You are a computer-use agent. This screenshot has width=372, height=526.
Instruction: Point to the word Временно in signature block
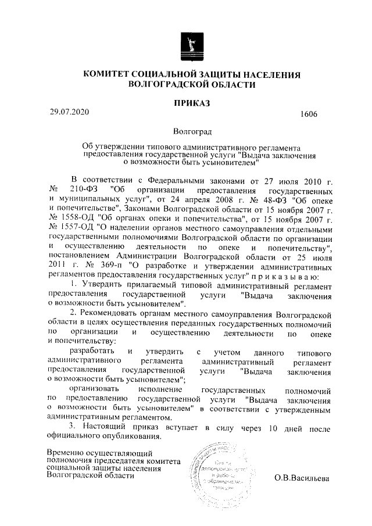(x=67, y=452)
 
